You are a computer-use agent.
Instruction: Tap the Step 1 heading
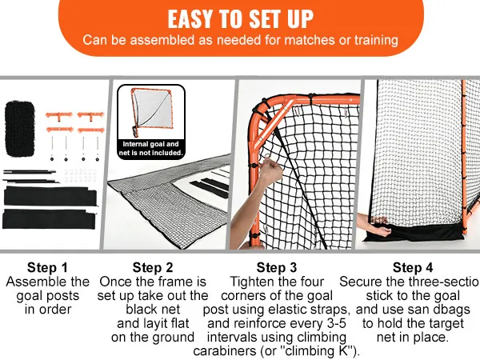tap(47, 267)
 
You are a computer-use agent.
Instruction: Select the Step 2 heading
tap(153, 267)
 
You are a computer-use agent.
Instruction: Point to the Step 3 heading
tap(277, 267)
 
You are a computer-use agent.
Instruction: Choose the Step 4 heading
tap(413, 267)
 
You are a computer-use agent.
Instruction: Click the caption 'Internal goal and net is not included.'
tap(152, 148)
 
